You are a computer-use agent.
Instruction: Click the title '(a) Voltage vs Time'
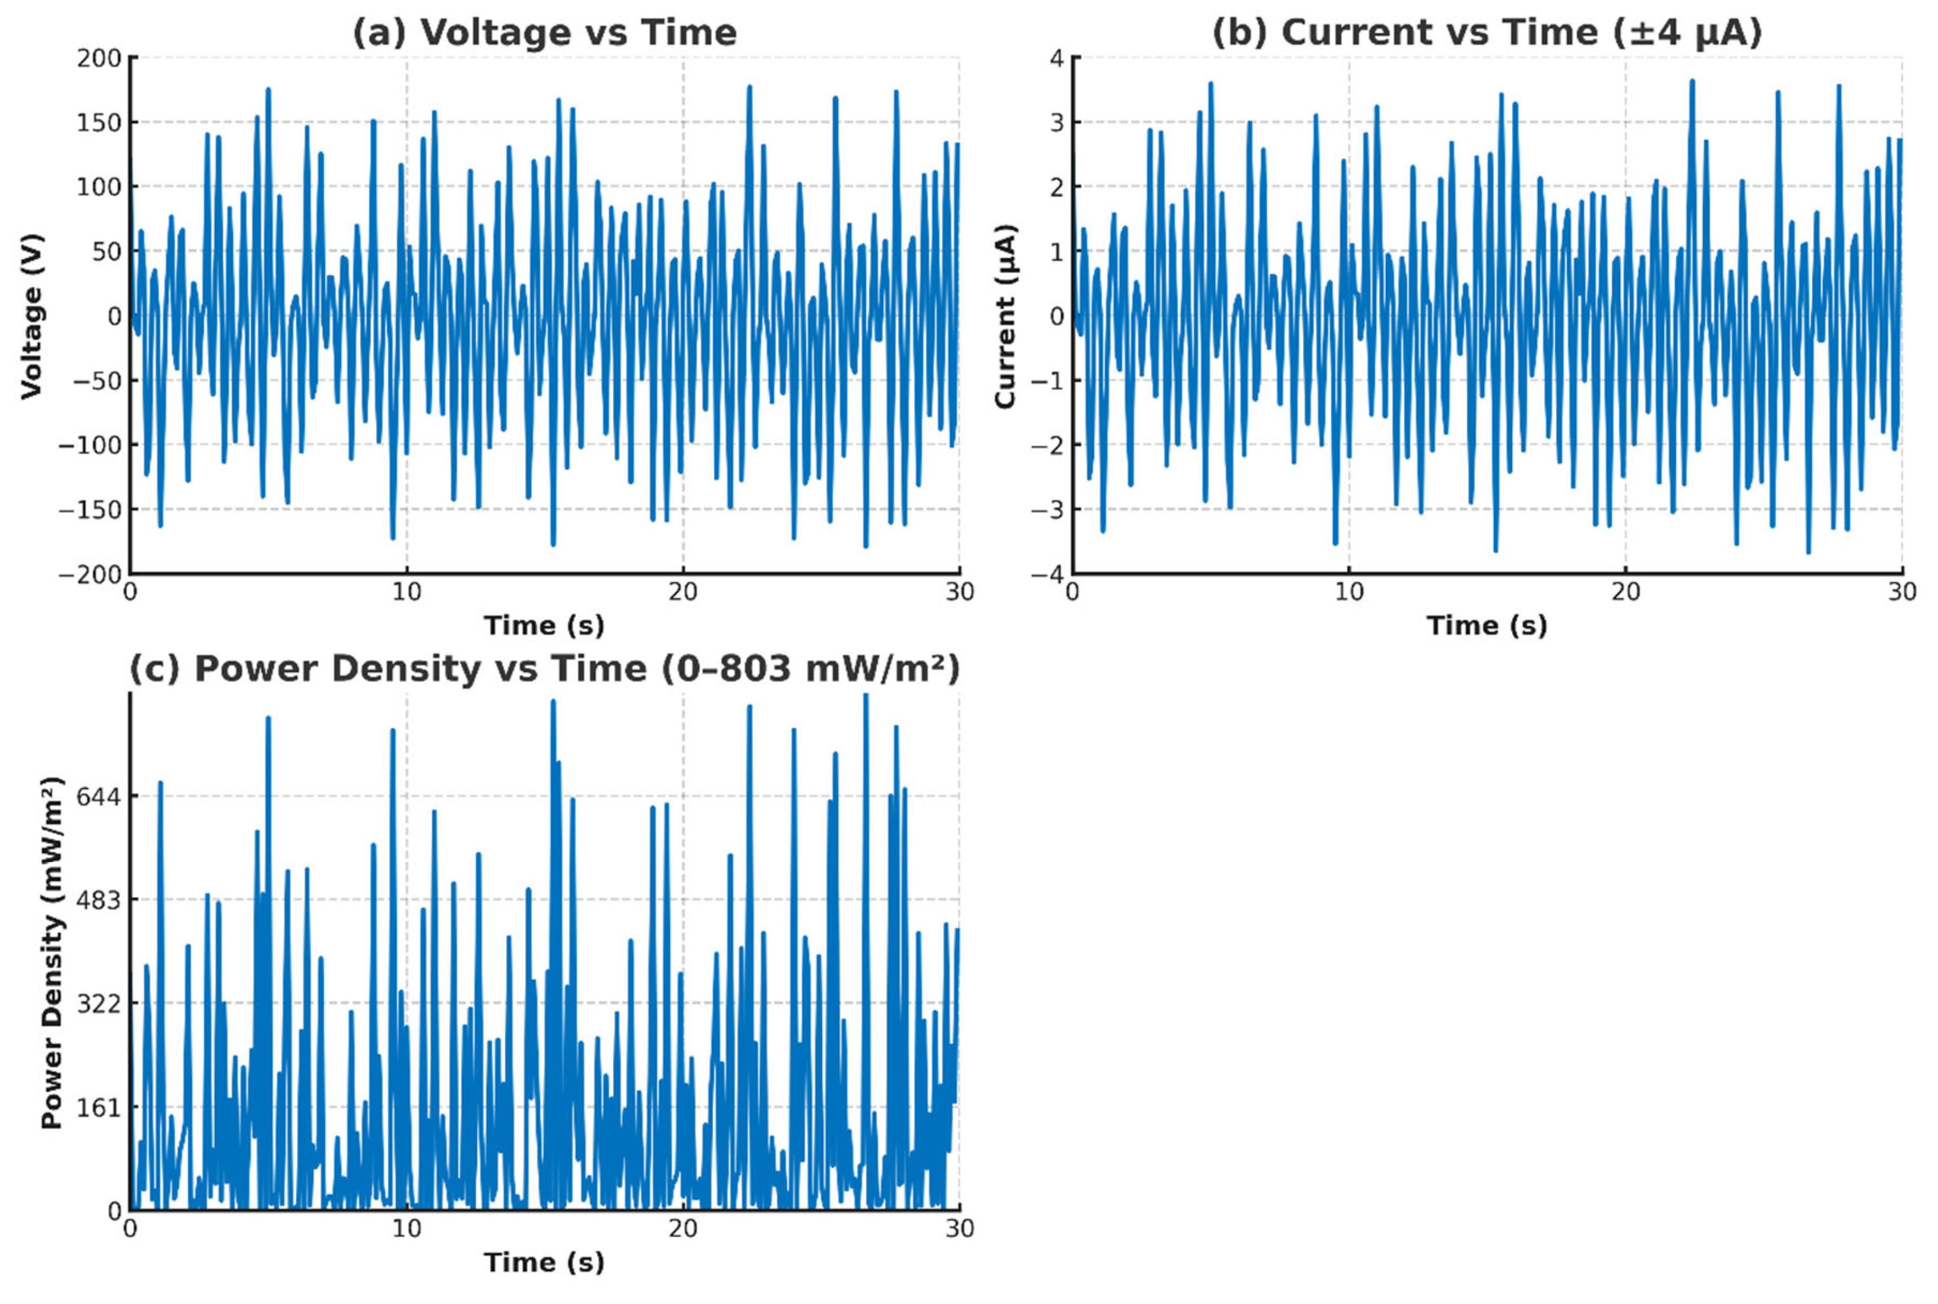coord(545,33)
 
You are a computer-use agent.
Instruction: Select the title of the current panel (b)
coord(1487,33)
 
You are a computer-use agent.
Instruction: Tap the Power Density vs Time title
coord(545,669)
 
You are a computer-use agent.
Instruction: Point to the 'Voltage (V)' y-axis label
coord(32,316)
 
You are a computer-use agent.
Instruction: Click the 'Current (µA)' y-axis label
coord(1005,316)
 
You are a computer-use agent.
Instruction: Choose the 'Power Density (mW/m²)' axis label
coord(52,952)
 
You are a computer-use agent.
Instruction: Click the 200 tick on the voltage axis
coord(99,58)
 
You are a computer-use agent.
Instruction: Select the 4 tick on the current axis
coord(1056,58)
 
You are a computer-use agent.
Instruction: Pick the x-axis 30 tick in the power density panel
coord(959,1228)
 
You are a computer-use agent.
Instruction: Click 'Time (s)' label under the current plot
coord(1487,626)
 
